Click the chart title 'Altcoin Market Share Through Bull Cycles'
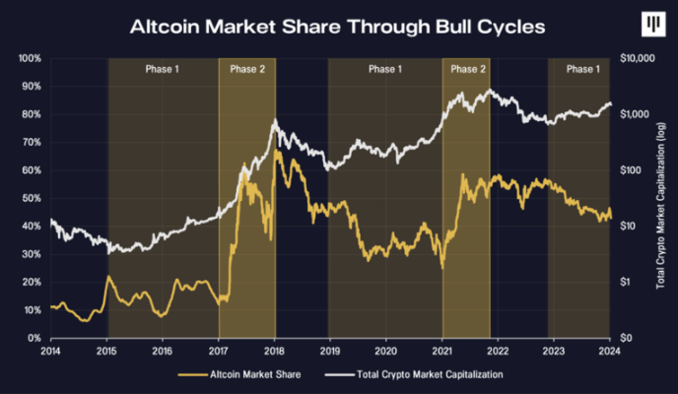click(338, 26)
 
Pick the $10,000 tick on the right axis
click(635, 59)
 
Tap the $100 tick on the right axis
click(628, 170)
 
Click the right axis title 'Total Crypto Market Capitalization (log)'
click(660, 198)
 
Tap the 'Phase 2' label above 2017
click(247, 70)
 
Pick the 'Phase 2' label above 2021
click(467, 70)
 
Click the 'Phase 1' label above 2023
click(580, 70)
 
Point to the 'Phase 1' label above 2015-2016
click(163, 70)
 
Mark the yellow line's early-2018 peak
click(277, 150)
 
